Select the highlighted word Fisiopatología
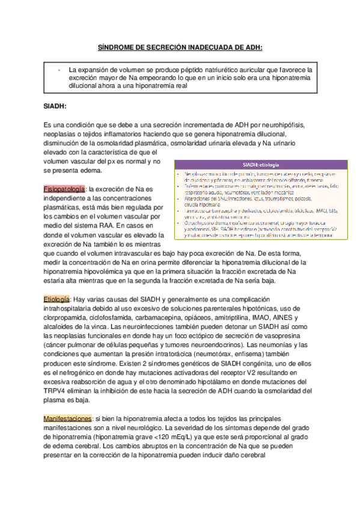[65, 189]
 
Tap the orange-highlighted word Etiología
[57, 298]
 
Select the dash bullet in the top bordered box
[58, 70]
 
